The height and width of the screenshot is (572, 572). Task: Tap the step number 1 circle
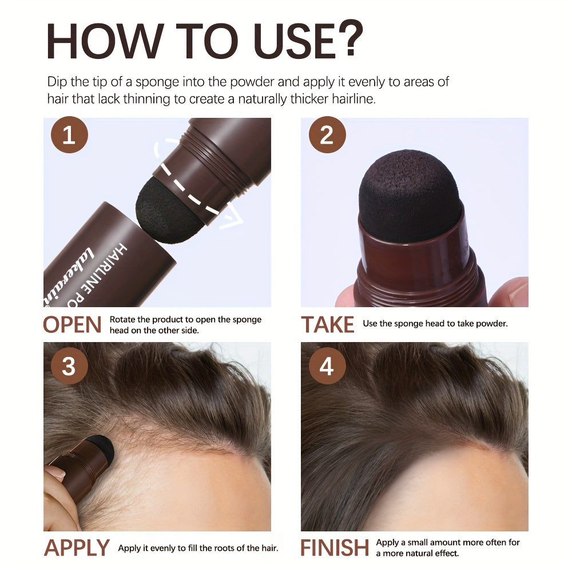[x=69, y=136]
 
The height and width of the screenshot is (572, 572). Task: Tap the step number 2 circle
[x=327, y=136]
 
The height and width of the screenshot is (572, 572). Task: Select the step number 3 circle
[x=69, y=366]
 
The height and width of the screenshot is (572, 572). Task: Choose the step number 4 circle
[x=327, y=366]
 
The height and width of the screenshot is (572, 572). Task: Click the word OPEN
[x=73, y=325]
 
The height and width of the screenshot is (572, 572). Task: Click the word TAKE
[x=328, y=325]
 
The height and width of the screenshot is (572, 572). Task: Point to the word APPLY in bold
[x=77, y=548]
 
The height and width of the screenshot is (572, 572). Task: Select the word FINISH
[x=335, y=548]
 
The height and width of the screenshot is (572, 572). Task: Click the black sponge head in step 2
[x=410, y=194]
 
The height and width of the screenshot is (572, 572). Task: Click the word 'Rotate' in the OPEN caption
[x=122, y=320]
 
